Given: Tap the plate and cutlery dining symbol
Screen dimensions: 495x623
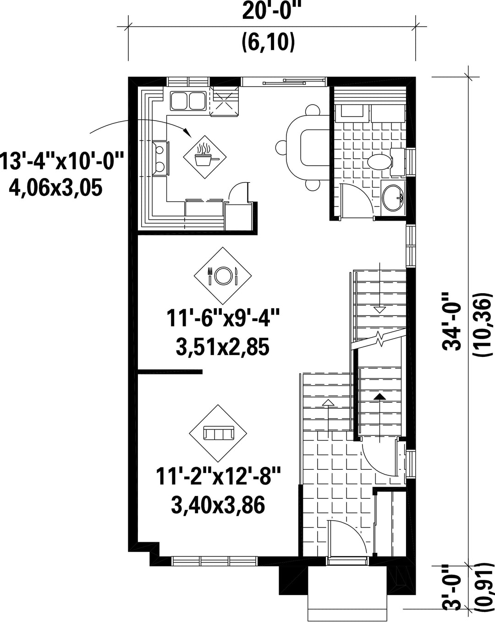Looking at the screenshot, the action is (222, 275).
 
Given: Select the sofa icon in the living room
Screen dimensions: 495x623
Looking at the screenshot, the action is (218, 434).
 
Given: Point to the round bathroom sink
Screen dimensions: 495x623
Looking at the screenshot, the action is (392, 198).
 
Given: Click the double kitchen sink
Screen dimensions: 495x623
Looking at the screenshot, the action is (188, 100).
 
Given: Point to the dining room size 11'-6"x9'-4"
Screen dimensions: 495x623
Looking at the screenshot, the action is (223, 318).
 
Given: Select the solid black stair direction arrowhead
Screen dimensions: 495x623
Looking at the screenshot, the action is (380, 397).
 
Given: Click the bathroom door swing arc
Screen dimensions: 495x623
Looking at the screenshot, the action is (358, 200).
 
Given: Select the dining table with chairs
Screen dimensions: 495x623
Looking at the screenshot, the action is (303, 147).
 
